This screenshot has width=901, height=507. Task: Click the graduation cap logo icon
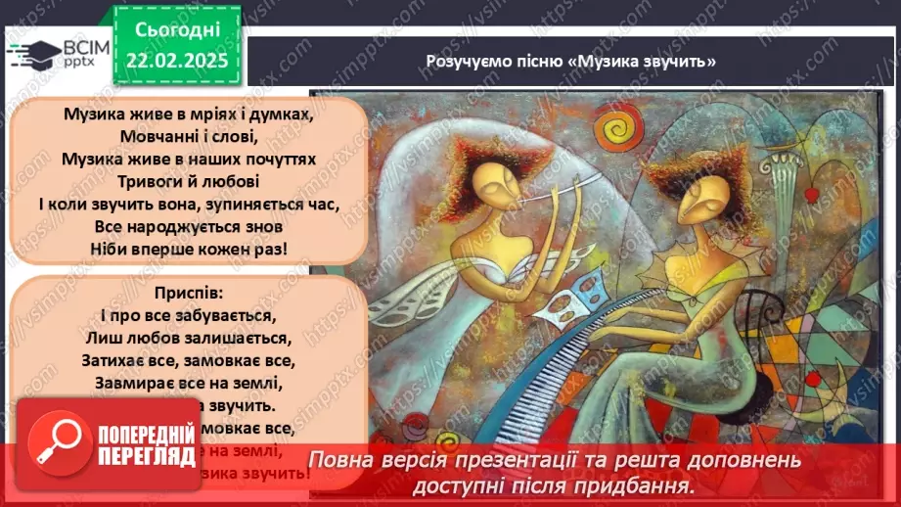33,51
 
